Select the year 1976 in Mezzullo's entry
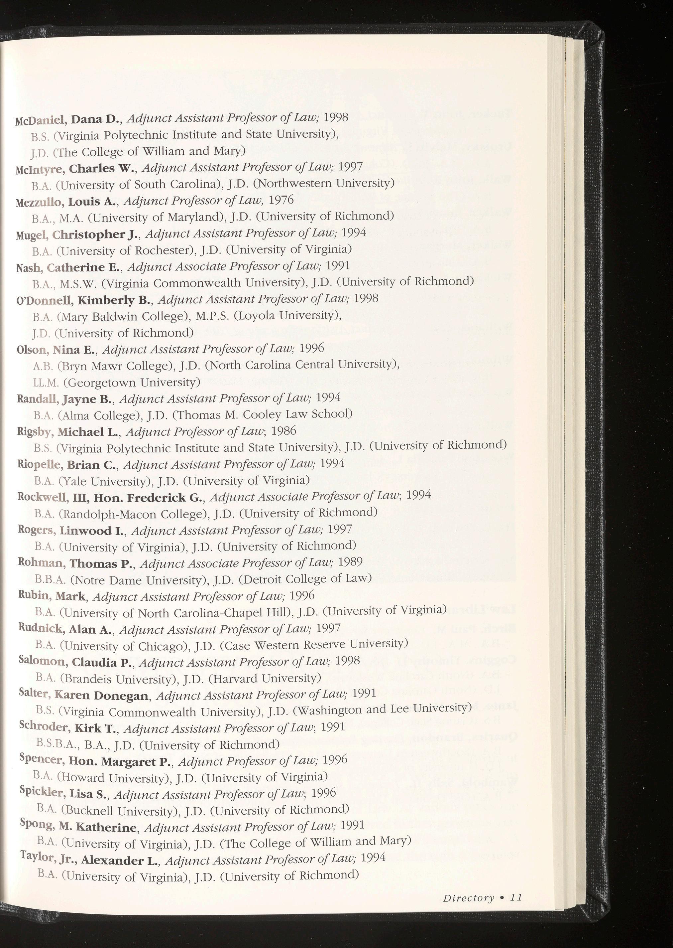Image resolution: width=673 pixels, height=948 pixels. pyautogui.click(x=281, y=200)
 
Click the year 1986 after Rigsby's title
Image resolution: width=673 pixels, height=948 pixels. pyautogui.click(x=284, y=430)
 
